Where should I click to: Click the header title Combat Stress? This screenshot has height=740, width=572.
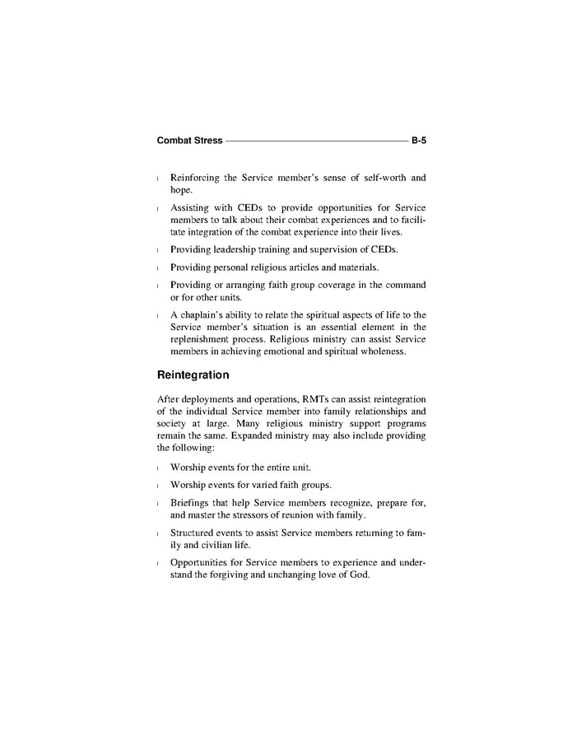189,141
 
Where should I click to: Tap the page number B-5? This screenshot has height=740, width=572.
418,141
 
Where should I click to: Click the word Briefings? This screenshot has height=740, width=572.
192,502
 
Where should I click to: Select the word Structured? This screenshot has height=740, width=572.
195,533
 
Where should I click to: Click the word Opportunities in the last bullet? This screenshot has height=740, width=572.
202,563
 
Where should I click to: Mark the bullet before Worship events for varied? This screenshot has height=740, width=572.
159,485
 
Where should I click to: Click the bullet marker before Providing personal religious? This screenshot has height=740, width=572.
159,268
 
